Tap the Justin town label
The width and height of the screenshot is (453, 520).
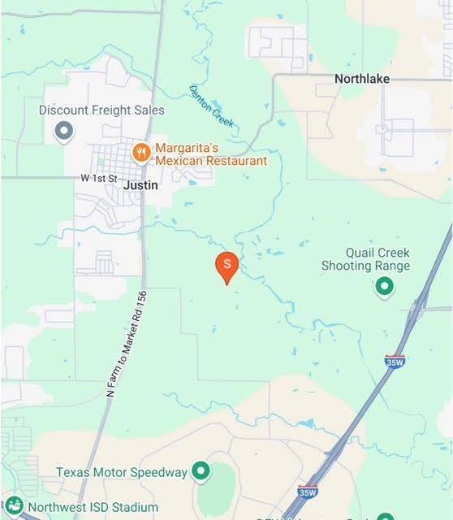[x=140, y=185]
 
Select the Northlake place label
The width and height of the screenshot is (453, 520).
[x=362, y=79]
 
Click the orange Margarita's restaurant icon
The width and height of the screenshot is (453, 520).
[x=141, y=150]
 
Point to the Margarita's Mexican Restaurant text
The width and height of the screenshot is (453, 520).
[x=211, y=155]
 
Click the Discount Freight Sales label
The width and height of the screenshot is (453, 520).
[x=101, y=110]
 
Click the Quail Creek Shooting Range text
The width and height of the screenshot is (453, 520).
[x=365, y=259]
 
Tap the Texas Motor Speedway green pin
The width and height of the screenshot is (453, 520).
[x=201, y=470]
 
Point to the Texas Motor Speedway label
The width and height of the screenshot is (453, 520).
[x=122, y=472]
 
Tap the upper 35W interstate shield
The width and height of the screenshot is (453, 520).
[x=395, y=362]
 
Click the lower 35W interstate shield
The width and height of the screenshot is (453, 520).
[x=307, y=492]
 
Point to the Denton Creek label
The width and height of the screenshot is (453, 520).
[x=212, y=106]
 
